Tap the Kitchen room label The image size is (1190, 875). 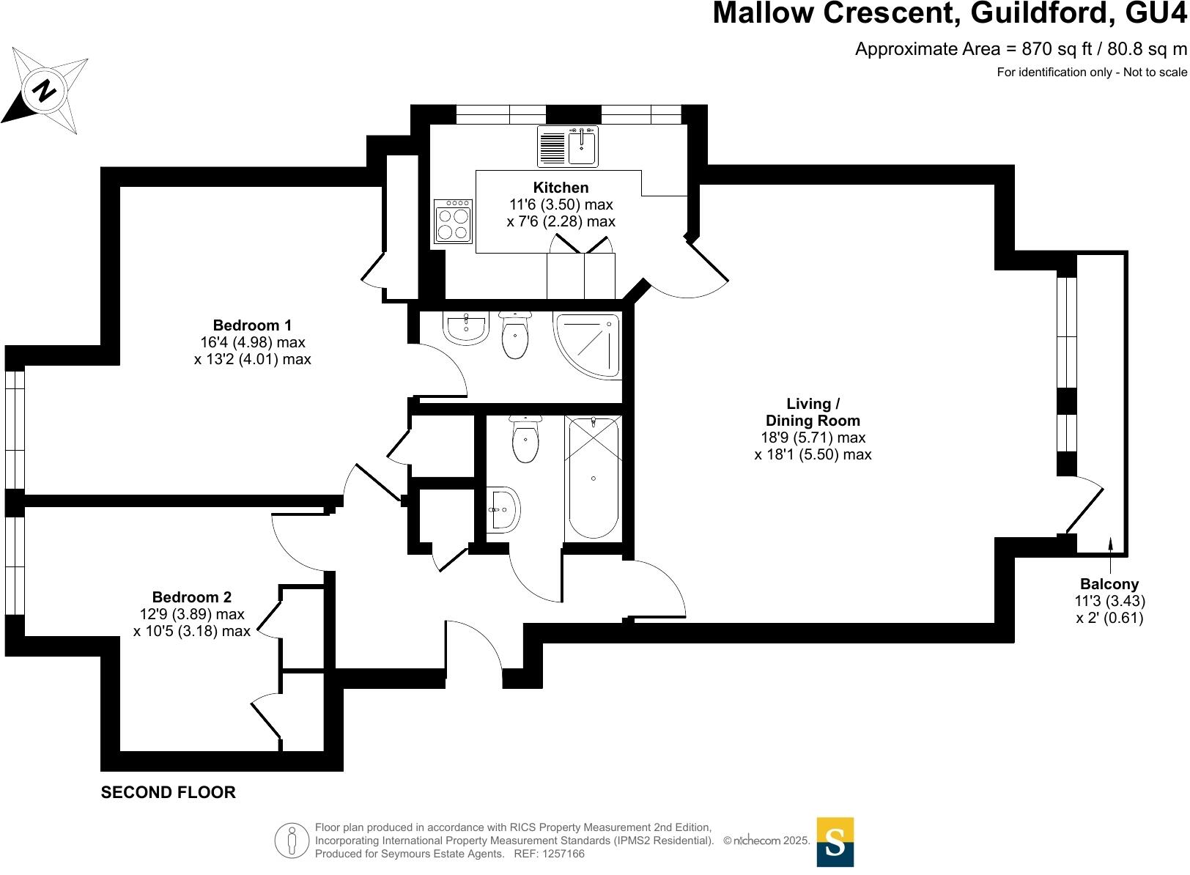(561, 188)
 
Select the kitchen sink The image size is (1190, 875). (568, 146)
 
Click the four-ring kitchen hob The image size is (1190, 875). (452, 221)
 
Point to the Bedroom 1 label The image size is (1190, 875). (252, 325)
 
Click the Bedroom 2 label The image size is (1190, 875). (192, 597)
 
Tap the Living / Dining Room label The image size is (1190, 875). (813, 412)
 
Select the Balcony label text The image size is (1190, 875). (1109, 584)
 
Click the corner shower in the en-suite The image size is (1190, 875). (588, 344)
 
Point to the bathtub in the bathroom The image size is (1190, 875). (593, 478)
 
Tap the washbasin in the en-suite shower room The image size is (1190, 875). (465, 328)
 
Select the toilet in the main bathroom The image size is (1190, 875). (525, 440)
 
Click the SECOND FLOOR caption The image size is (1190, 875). (169, 792)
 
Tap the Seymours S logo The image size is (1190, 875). (835, 842)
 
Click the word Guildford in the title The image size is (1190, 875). (1040, 13)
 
